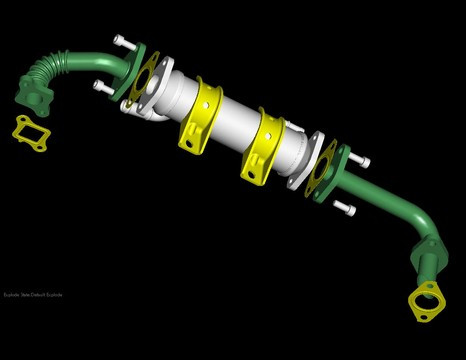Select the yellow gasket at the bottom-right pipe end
coord(426,302)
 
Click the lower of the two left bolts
coord(103,87)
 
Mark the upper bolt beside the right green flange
coord(361,156)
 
